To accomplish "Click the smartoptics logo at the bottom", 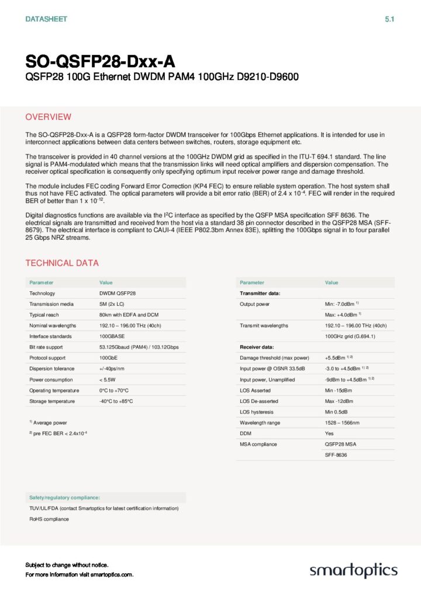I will pos(353,570).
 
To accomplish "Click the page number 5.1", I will pos(390,19).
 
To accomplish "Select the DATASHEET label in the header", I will pos(46,19).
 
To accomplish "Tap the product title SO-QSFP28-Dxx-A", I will pos(99,61).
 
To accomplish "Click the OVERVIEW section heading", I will pos(49,117).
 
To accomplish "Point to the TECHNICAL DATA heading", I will pos(62,263).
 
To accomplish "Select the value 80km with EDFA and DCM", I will pos(129,315).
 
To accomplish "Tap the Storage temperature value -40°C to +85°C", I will pos(116,401).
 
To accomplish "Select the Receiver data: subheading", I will pos(257,347).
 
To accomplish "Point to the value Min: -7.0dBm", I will pos(340,304).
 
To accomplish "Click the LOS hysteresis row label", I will pos(257,412).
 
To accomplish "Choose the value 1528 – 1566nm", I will pos(342,423).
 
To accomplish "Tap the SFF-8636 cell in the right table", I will pos(336,455).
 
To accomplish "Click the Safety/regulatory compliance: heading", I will pos(64,497).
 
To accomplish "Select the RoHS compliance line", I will pos(49,519).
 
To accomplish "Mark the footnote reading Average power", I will pos(50,422).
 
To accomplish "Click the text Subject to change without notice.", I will pos(67,565).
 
